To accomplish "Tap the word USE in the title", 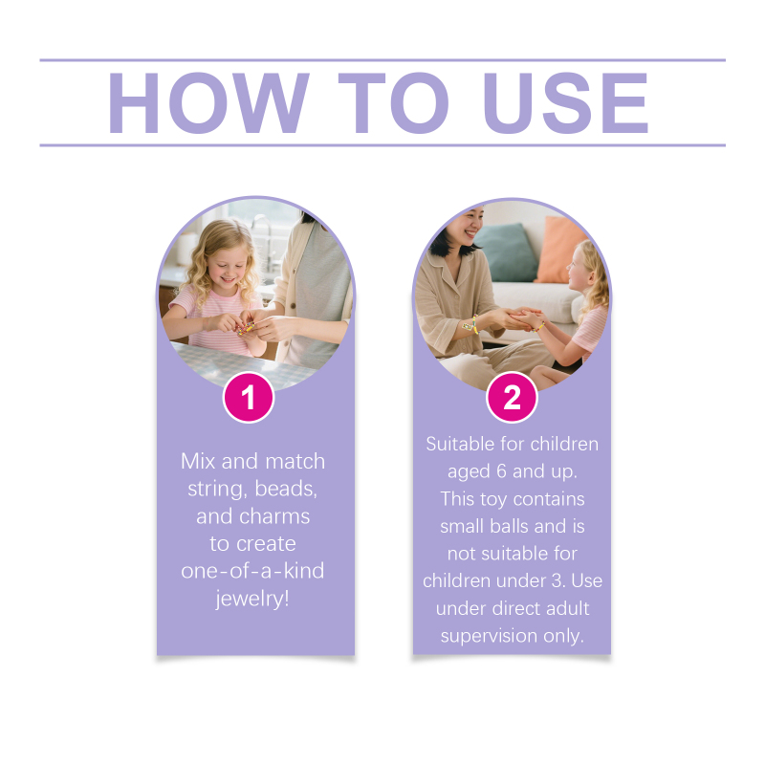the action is tap(565, 103).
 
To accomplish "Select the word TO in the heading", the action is tap(393, 103).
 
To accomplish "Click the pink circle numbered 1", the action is tap(249, 397).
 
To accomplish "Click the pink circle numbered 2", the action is tap(512, 397).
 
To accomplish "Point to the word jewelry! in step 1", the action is tap(252, 599).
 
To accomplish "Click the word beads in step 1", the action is tap(286, 489).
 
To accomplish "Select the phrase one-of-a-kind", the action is tap(252, 570).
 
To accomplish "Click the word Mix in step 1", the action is tap(198, 461).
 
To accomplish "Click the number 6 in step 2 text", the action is tap(501, 471).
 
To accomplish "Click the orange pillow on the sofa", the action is tap(560, 250).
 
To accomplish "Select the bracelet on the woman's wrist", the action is tap(471, 325).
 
